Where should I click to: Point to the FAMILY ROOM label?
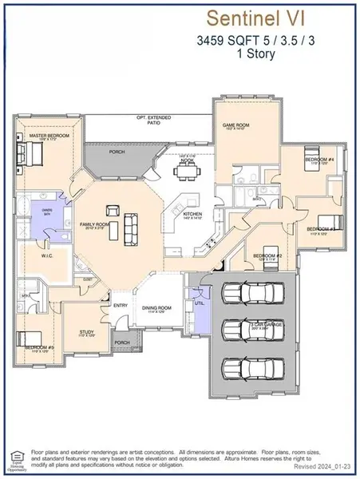(93, 226)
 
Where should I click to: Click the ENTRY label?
(121, 305)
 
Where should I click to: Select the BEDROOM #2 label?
(264, 255)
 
